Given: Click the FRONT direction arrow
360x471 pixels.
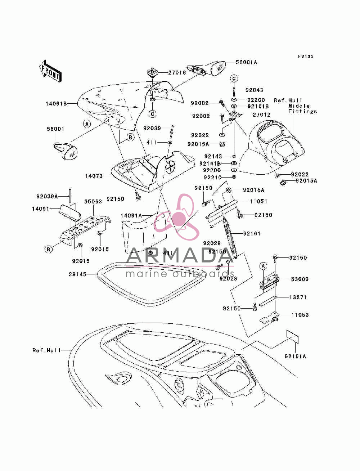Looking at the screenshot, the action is (x=50, y=71).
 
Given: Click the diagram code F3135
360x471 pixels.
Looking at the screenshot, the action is (x=306, y=56).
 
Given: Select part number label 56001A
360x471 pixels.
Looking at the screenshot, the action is (x=246, y=62).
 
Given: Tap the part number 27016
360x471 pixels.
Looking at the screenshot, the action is (x=177, y=72).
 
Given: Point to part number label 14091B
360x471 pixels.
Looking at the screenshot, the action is (x=56, y=104).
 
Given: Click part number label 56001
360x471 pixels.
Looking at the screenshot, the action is (x=55, y=129).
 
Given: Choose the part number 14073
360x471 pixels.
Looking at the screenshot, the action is (x=94, y=176).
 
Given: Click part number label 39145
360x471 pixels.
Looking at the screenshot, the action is (x=78, y=274).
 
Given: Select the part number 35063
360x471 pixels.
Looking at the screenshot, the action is (x=93, y=202).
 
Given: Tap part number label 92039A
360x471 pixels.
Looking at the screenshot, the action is (x=47, y=196).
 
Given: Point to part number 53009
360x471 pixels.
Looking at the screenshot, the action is (x=300, y=279).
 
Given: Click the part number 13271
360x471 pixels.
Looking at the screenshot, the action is (x=298, y=297).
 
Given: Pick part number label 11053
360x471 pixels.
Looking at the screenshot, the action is (x=300, y=315).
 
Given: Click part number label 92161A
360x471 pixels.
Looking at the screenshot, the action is (x=295, y=356).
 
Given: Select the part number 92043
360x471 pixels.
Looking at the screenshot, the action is (x=254, y=90).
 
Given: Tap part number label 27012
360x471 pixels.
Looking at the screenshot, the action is (x=261, y=115).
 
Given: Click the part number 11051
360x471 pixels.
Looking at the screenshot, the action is (x=258, y=202).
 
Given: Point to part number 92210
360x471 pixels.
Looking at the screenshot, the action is (x=213, y=178).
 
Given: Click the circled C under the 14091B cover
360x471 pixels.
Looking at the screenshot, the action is (x=152, y=114).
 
